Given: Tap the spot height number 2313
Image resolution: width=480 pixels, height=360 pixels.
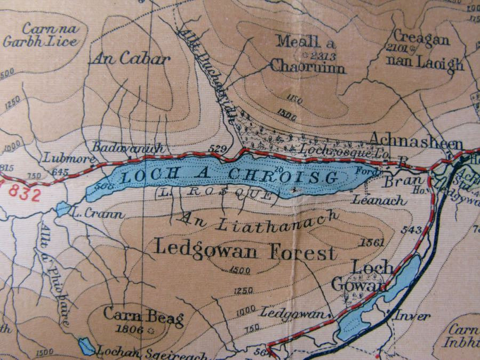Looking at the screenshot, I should [322, 54].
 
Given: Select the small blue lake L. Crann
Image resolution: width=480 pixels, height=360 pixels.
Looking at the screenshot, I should [63, 209].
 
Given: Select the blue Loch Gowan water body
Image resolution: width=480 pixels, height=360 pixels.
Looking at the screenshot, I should [373, 304].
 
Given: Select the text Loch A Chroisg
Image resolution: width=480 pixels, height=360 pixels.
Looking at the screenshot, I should [230, 177].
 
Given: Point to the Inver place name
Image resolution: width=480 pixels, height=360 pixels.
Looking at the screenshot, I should [412, 316].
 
